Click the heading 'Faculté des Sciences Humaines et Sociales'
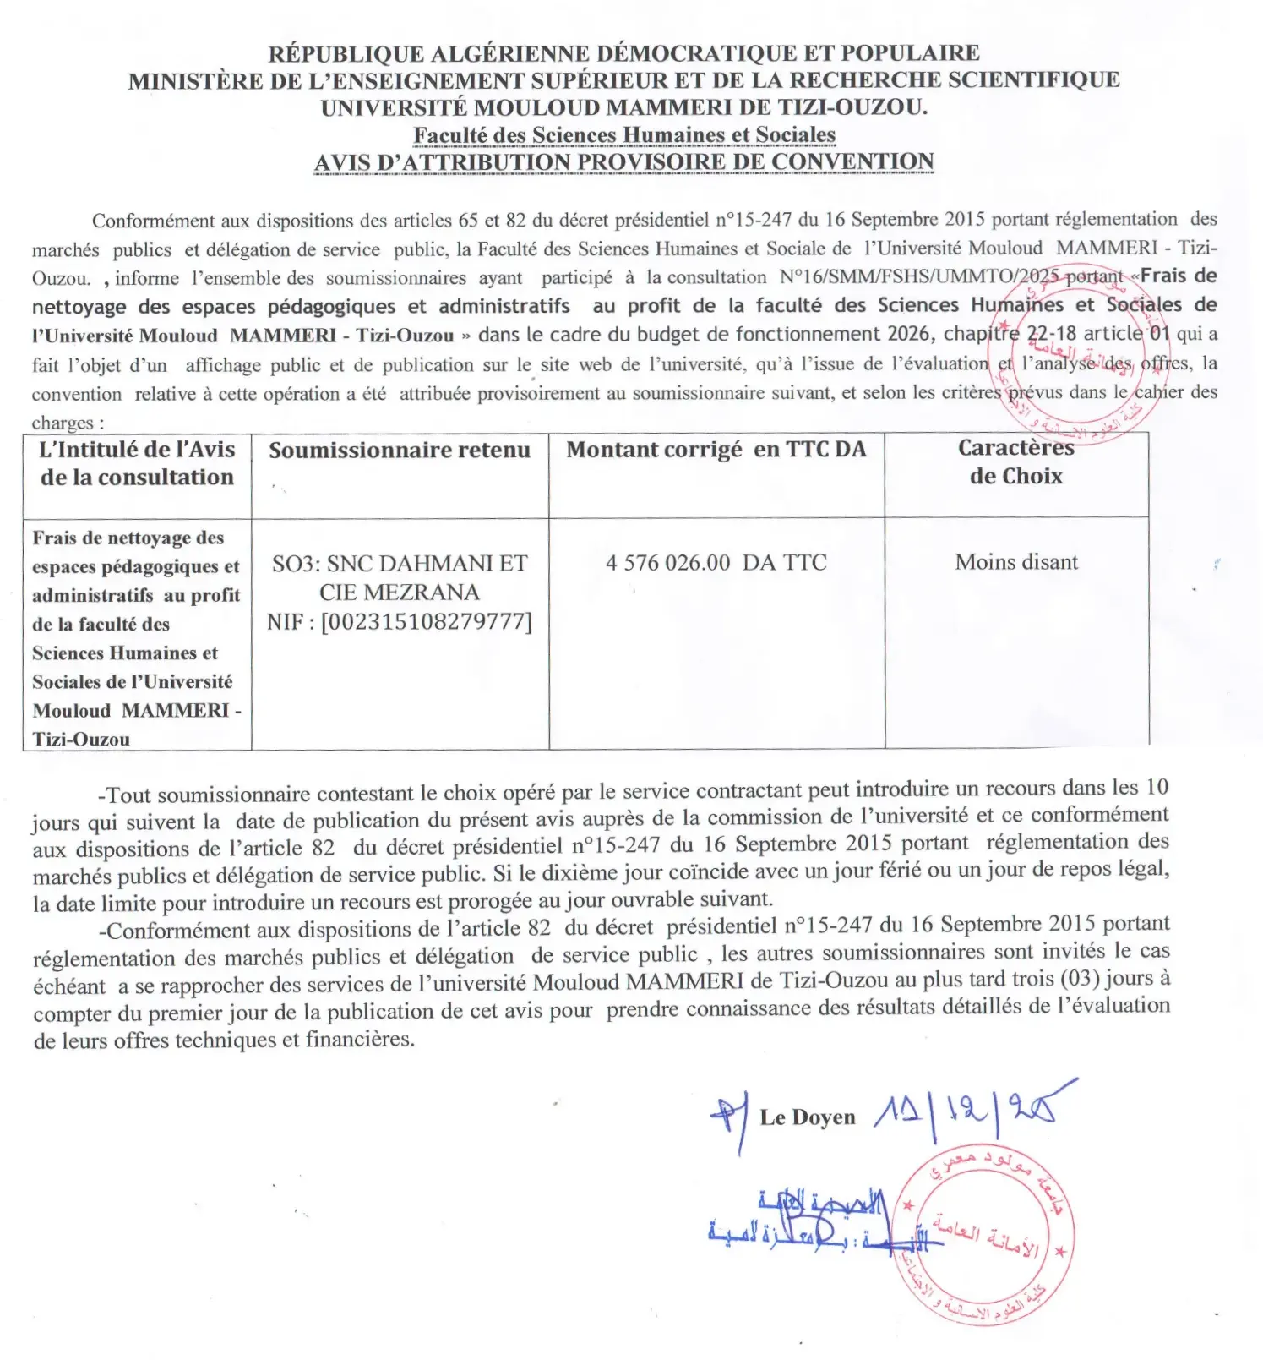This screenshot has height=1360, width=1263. coord(624,135)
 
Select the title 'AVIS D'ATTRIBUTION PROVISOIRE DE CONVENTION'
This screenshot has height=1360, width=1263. coord(624,162)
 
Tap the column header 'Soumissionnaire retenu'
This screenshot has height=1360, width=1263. coord(400,451)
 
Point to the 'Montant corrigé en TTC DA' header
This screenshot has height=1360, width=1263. coord(716,450)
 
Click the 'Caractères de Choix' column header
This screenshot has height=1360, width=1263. coord(1016,462)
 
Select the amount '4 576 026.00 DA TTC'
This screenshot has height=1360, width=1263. coord(716,563)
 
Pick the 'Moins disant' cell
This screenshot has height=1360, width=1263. coord(1016,562)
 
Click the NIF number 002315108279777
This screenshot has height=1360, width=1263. coord(427,622)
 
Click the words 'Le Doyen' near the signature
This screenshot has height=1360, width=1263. coord(808,1117)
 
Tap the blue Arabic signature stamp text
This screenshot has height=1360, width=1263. coord(811,1221)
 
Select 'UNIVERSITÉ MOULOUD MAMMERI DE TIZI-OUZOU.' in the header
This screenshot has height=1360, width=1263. coord(624,108)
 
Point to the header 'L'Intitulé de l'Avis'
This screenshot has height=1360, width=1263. coord(138,450)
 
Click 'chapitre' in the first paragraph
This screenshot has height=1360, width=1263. coord(981,335)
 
